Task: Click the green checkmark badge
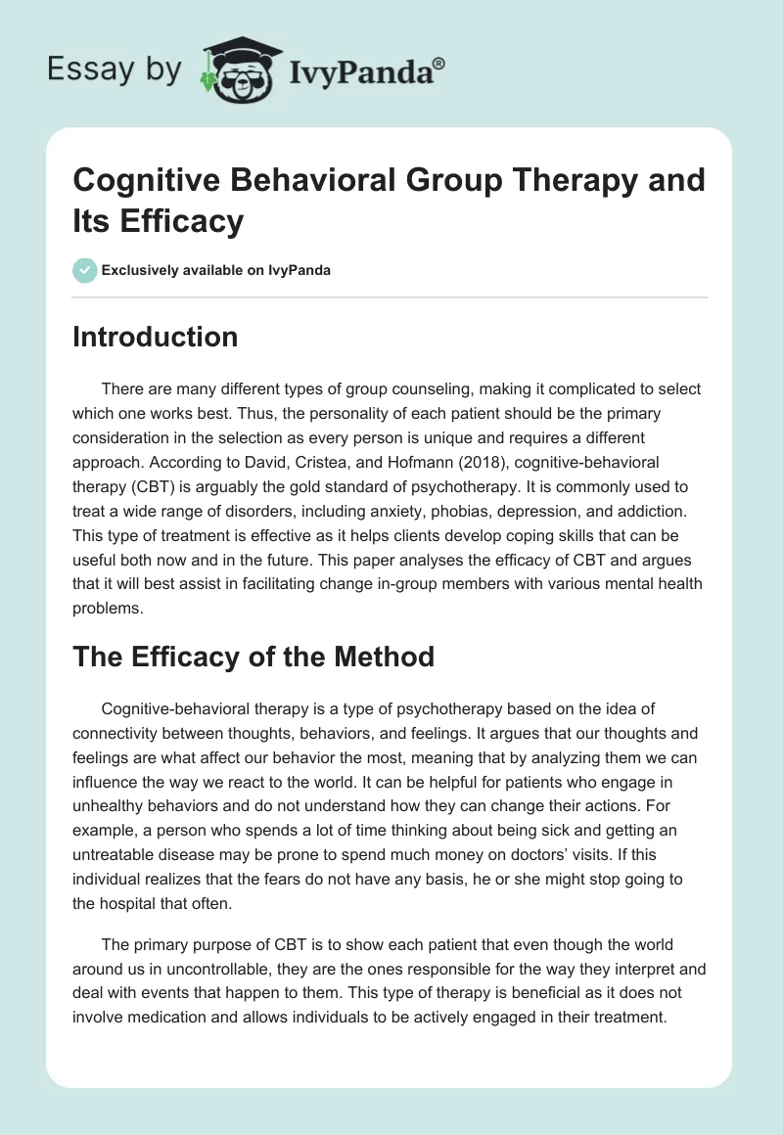pyautogui.click(x=84, y=270)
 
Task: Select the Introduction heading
pyautogui.click(x=155, y=337)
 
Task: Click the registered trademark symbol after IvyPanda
pyautogui.click(x=439, y=63)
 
